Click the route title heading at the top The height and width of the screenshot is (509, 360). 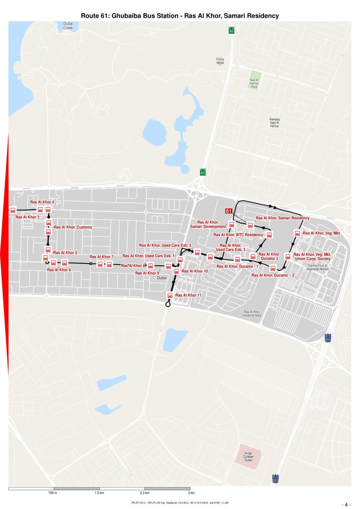[x=180, y=15]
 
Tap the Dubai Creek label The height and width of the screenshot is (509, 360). [x=68, y=26]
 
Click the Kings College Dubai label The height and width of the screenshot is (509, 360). [x=248, y=457]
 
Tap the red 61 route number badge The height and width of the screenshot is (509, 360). [x=229, y=211]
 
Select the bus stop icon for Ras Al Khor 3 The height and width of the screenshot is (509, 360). [x=13, y=210]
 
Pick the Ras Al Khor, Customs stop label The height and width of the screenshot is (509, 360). [x=73, y=227]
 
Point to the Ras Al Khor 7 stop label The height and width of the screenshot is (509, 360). [x=102, y=257]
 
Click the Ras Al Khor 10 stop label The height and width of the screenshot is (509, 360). [x=195, y=271]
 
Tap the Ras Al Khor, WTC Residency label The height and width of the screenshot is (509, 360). [x=239, y=235]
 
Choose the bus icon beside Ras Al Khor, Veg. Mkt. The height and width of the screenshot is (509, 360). [x=297, y=233]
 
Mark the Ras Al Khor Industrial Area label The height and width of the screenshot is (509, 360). [x=252, y=313]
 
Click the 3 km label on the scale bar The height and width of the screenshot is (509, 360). [x=191, y=493]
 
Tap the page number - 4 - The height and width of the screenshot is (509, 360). [x=346, y=504]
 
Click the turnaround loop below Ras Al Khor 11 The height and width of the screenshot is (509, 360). [x=168, y=304]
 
